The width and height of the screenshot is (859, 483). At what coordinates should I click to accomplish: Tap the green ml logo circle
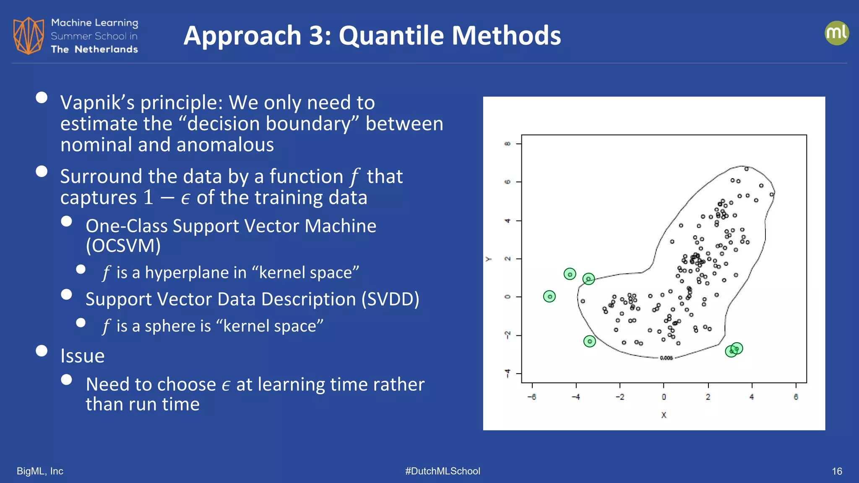point(836,33)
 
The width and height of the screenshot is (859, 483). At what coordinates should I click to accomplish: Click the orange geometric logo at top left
point(29,36)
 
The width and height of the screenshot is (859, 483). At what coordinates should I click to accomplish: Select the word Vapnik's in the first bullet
point(97,103)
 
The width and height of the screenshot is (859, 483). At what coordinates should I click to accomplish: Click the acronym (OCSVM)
point(123,246)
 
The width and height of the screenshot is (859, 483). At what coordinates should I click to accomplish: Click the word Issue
point(83,356)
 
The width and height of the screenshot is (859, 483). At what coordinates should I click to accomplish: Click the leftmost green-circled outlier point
point(549,296)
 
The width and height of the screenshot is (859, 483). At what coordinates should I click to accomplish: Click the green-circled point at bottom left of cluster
point(589,341)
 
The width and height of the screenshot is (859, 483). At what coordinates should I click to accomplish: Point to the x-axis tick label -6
point(532,397)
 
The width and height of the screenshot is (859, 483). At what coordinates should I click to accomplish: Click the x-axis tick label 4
point(752,397)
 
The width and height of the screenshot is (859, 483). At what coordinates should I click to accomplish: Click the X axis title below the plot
point(664,415)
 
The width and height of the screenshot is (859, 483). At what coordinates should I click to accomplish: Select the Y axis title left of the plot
point(488,259)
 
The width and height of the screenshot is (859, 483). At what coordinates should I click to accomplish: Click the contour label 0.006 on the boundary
point(666,358)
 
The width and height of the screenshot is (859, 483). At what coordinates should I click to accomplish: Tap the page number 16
point(837,471)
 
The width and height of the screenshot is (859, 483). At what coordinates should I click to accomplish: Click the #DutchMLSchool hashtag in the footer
point(443,471)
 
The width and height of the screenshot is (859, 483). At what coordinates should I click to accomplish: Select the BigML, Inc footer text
point(40,471)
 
